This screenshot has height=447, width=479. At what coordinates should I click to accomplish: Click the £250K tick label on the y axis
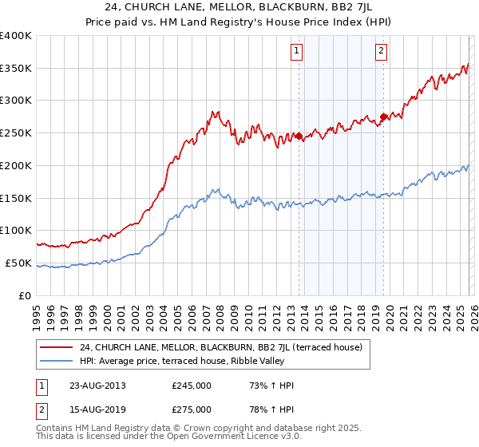[x=16, y=133]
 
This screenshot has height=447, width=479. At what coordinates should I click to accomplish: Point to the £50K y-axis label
[x=18, y=263]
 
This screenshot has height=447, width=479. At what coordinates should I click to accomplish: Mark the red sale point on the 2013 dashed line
[x=299, y=136]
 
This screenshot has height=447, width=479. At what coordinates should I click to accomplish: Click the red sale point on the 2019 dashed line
[x=383, y=117]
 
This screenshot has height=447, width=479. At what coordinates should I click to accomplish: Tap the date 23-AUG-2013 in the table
[x=97, y=386]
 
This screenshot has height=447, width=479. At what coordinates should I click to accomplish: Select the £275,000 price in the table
[x=192, y=409]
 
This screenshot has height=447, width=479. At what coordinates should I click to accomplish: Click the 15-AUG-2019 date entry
[x=97, y=409]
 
